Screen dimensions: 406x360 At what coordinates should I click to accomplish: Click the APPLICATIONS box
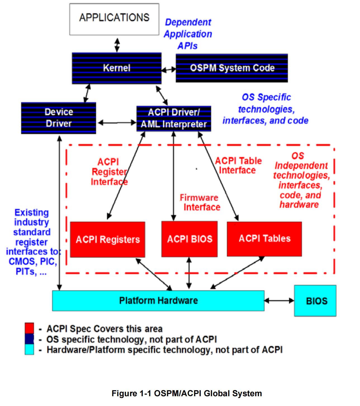pos(114,19)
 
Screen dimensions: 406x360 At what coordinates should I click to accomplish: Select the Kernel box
pos(117,68)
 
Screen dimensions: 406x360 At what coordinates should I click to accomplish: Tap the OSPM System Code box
pos(232,68)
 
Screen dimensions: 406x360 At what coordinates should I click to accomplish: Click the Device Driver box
pos(58,118)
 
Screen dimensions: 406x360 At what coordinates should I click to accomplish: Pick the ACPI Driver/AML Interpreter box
pos(174,118)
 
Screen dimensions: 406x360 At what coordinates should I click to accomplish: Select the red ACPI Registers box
pos(108,239)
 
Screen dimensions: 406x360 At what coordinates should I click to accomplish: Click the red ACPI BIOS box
pos(190,239)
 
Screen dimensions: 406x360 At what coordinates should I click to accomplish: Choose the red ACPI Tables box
pos(264,238)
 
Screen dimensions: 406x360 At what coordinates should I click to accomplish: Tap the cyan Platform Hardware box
pos(158,300)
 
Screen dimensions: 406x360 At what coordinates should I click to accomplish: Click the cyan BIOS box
pos(315,301)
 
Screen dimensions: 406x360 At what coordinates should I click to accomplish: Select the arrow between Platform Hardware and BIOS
pos(279,300)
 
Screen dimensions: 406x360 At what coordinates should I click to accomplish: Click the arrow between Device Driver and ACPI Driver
pos(116,122)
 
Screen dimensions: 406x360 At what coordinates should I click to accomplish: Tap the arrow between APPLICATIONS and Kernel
pos(117,45)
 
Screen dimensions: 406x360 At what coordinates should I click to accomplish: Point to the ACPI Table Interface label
pos(238,165)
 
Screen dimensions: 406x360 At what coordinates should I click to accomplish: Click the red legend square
pos(29,328)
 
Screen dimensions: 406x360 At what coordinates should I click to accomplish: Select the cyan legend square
pos(29,350)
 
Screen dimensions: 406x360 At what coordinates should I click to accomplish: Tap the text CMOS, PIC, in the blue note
pos(33,261)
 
